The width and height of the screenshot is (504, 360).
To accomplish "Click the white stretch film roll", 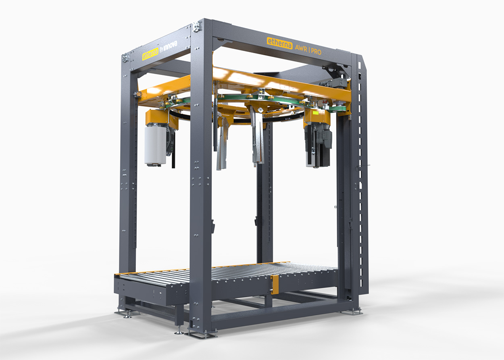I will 155,145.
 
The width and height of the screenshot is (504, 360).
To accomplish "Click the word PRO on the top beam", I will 316,52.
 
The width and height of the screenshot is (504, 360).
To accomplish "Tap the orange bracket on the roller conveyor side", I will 275,284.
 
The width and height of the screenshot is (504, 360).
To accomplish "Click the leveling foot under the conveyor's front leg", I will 179,331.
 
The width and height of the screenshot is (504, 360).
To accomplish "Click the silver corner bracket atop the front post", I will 196,26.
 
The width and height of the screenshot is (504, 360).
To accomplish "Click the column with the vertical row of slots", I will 363,181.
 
